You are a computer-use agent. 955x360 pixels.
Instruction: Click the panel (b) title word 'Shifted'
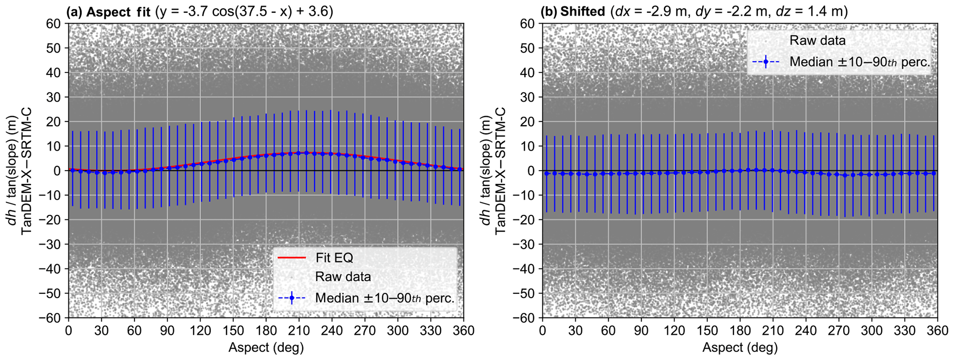point(582,12)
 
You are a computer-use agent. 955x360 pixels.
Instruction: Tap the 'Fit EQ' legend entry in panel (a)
point(334,257)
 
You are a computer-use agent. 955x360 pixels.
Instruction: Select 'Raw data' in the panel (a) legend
point(343,277)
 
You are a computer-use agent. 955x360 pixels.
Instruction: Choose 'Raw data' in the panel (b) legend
point(817,41)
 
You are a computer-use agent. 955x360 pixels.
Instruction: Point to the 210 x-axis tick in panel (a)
point(298,330)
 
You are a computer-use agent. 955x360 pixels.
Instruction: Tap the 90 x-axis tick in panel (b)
point(641,330)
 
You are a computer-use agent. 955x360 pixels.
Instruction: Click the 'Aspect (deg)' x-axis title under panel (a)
point(266,348)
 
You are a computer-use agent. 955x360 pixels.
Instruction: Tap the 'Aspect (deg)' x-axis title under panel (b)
point(740,348)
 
